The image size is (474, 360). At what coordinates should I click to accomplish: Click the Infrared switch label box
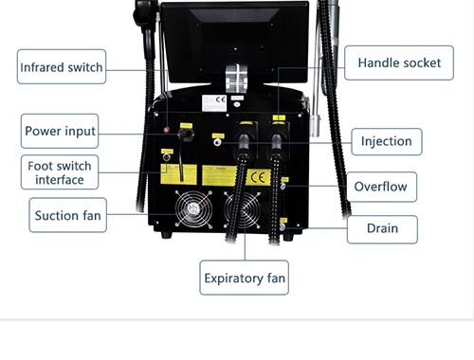coord(62,66)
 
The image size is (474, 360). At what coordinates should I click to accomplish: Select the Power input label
coord(60,131)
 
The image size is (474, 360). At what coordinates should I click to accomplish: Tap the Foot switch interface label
coord(60,172)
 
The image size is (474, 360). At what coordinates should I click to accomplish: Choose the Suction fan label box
coord(67,215)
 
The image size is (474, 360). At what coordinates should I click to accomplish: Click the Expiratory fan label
coord(245,278)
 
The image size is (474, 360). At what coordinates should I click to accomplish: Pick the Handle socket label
coord(399,63)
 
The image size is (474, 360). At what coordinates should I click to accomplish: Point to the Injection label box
coord(387,141)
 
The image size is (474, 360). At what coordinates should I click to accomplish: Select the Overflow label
coord(381,187)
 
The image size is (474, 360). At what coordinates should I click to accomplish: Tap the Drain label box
coord(382,228)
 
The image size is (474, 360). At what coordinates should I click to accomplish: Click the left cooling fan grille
coord(193,208)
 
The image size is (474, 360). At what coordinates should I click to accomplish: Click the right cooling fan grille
coord(243,209)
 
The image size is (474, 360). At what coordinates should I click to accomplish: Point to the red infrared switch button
coord(166,130)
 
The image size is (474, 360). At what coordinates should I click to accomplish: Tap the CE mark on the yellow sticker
coord(258,178)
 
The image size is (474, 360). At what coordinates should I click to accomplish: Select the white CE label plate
coord(214,102)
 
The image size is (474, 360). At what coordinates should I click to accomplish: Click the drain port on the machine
coord(283,226)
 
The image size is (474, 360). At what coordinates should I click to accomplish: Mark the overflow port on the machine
coord(283,186)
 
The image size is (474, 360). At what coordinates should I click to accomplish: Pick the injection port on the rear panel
coord(217,142)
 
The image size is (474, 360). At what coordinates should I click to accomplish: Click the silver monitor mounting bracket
coord(236,78)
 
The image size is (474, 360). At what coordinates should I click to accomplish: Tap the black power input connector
coord(186,135)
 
